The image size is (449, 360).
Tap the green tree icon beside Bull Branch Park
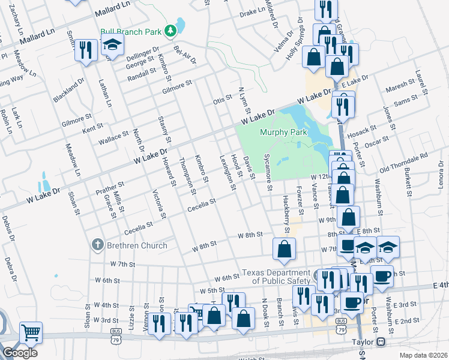tap(170, 29)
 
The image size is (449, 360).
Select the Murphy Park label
tap(283, 132)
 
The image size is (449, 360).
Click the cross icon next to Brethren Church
tap(97, 245)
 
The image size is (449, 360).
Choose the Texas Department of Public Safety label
tap(277, 277)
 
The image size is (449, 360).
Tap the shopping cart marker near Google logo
tap(31, 332)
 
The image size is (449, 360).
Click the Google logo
tap(20, 353)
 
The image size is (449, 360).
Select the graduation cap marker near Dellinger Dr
tap(111, 45)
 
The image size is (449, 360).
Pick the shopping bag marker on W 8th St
tap(285, 248)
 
